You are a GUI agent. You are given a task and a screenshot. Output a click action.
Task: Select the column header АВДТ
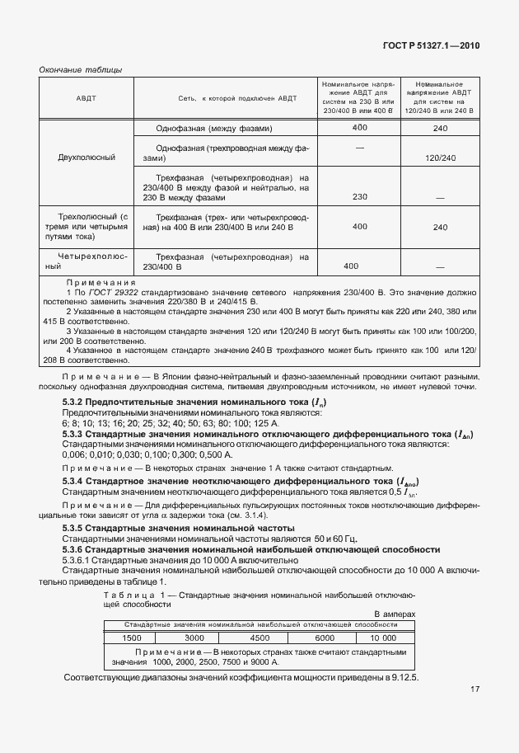pos(86,98)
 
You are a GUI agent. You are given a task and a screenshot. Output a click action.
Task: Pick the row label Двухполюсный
pos(86,157)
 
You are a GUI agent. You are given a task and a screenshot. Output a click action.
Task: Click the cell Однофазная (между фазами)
pos(213,129)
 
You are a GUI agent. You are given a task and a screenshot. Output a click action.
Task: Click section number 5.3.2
pos(76,402)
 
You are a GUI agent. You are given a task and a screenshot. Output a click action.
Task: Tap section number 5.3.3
pos(76,433)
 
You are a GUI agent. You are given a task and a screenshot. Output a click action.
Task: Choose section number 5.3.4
pos(76,481)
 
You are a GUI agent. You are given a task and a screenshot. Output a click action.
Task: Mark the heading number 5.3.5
pos(76,527)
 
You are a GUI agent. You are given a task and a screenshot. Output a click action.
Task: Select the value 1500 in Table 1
pos(132,638)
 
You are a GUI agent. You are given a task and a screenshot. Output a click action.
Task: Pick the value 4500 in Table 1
pos(259,638)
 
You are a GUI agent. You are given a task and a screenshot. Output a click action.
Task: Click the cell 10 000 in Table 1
pos(383,638)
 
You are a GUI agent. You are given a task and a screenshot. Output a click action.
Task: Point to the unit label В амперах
pos(395,614)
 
